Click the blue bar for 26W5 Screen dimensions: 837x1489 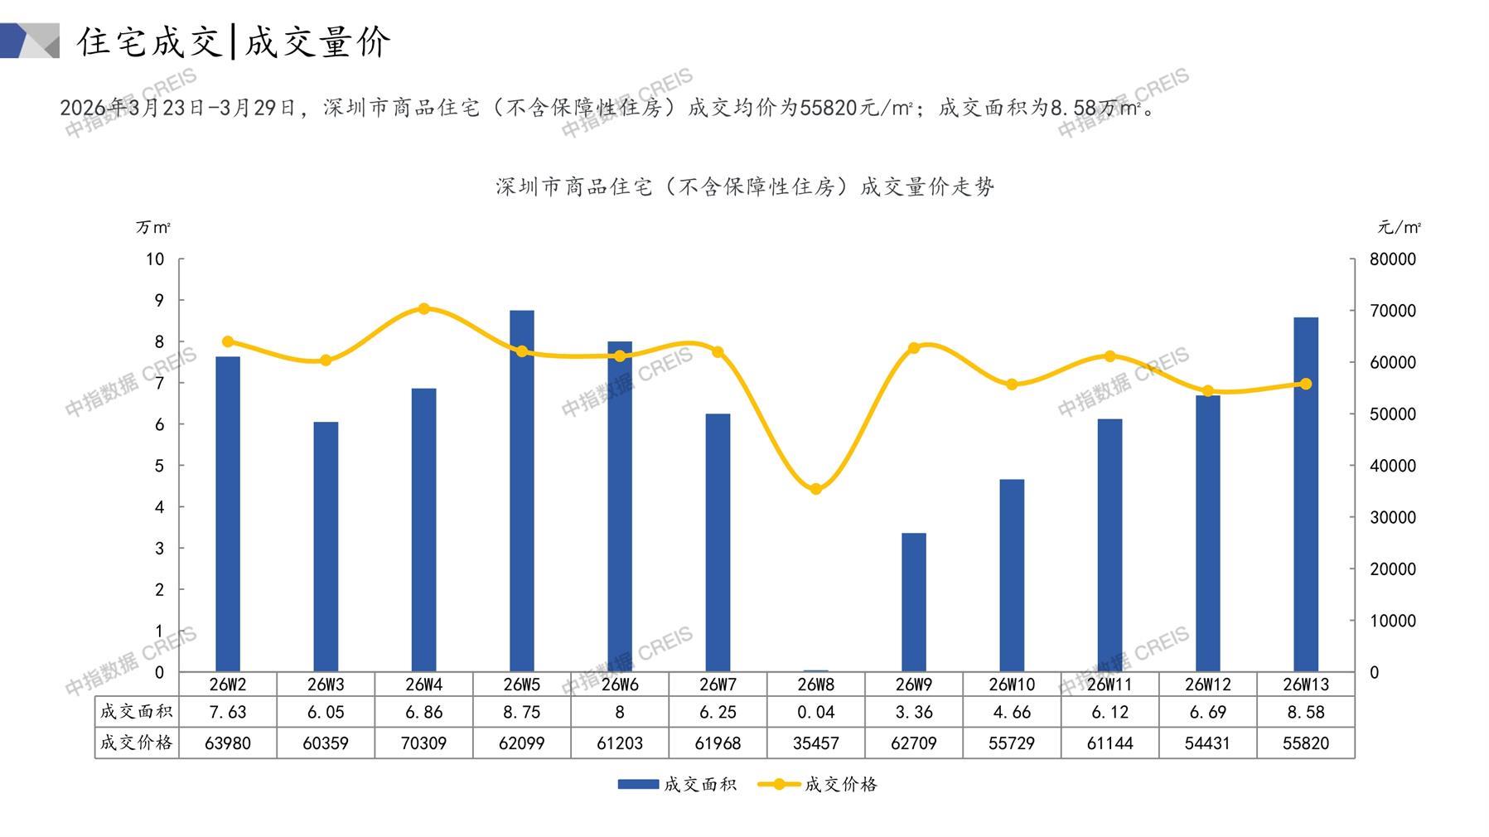[x=522, y=491]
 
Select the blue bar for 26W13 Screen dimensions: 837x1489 [x=1305, y=494]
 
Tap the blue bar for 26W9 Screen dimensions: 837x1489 [x=913, y=602]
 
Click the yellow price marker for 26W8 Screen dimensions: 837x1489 [x=816, y=489]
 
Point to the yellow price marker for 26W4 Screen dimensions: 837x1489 [x=423, y=308]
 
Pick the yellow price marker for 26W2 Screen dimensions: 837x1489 [x=228, y=341]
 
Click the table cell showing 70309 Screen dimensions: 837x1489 [x=423, y=743]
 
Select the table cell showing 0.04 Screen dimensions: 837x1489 [x=816, y=712]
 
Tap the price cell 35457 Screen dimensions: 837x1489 [x=816, y=743]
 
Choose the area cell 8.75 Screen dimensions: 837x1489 [x=522, y=712]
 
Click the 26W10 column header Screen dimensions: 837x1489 [x=1012, y=685]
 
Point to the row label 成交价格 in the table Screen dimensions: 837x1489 [x=136, y=743]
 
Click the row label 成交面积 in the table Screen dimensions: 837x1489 [x=136, y=711]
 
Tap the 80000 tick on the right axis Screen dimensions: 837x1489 [x=1392, y=259]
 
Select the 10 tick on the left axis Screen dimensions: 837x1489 [x=155, y=259]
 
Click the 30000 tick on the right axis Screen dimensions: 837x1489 [x=1392, y=517]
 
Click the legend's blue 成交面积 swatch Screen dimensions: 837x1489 [x=638, y=784]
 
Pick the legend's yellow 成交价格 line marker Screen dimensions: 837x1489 [x=778, y=784]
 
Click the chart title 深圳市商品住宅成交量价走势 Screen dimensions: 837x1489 [x=744, y=186]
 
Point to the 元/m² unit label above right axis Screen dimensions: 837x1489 [x=1399, y=227]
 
